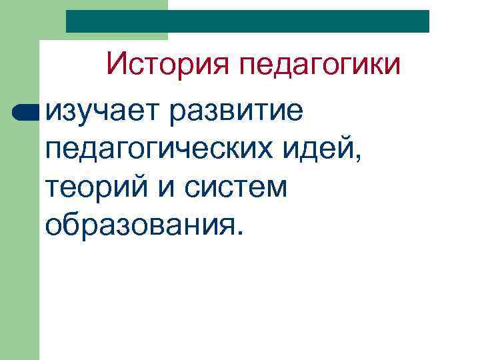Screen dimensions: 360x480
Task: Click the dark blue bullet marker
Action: [x=26, y=111]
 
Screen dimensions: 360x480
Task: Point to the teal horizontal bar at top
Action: [x=247, y=21]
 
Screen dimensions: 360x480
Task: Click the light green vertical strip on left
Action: [x=19, y=233]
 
